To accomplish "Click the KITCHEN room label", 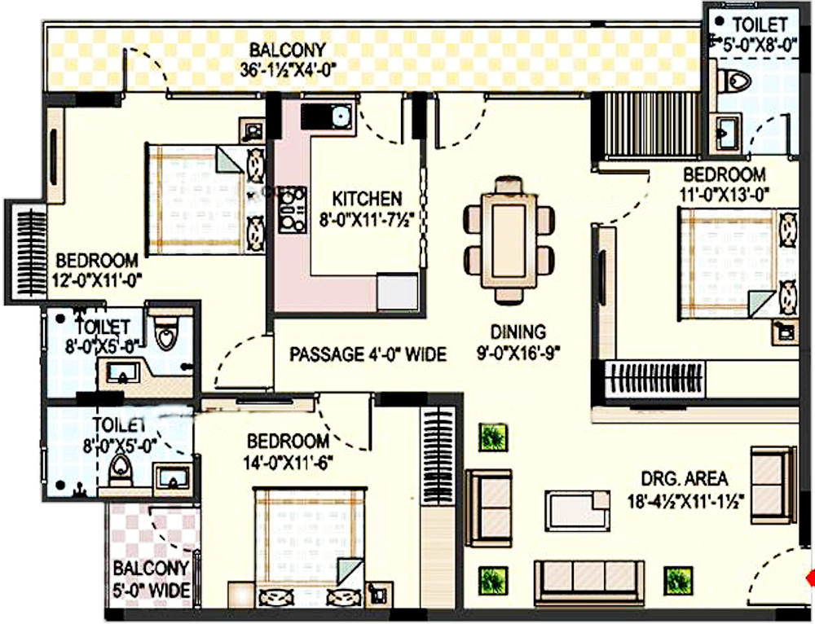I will pyautogui.click(x=367, y=199).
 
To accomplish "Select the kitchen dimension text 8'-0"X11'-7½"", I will pyautogui.click(x=367, y=220).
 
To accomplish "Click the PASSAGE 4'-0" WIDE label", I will pyautogui.click(x=368, y=354).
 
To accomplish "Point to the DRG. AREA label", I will pyautogui.click(x=684, y=479).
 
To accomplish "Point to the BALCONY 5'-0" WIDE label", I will pyautogui.click(x=152, y=578).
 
